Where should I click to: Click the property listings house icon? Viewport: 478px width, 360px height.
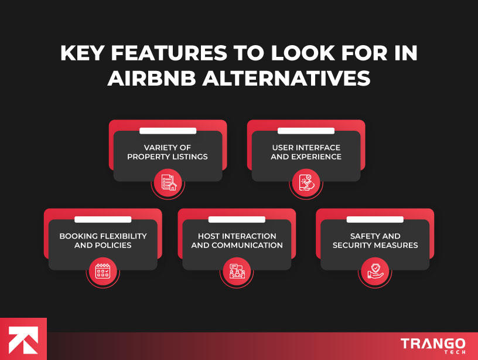168,182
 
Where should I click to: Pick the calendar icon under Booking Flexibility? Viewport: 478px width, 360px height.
103,271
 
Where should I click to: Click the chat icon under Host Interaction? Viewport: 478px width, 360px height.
237,271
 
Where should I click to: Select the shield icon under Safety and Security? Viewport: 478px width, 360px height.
375,271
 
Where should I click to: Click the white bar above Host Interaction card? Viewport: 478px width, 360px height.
237,219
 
